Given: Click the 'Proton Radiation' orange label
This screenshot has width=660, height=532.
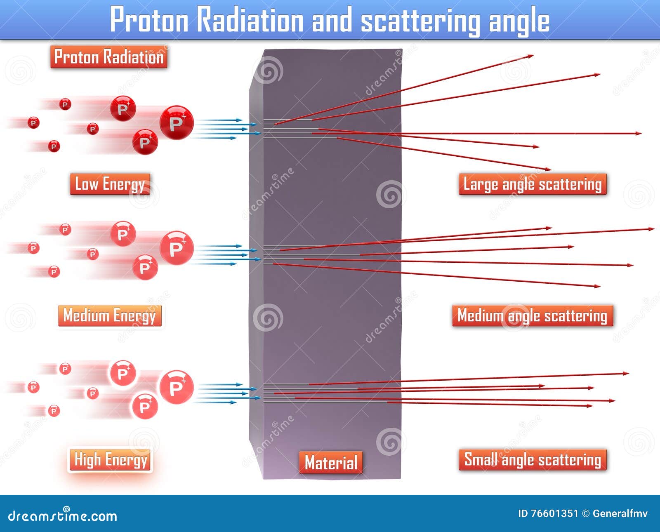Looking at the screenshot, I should [x=109, y=57].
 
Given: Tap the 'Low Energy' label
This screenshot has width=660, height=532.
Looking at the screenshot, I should [x=110, y=184].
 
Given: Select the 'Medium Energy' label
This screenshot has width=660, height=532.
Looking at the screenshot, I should [x=110, y=316].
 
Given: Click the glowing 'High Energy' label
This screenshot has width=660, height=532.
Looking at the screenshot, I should [x=110, y=460].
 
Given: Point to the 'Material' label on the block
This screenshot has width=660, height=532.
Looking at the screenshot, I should [x=331, y=462].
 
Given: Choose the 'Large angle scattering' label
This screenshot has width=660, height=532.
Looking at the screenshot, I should [x=533, y=184].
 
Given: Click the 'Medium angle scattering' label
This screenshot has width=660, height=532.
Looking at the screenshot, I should [x=533, y=316].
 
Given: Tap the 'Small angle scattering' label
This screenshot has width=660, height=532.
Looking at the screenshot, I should [x=533, y=460].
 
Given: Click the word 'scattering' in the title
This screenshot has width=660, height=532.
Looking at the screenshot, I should [x=420, y=21].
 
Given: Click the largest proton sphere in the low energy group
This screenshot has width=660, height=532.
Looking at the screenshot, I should [x=176, y=123].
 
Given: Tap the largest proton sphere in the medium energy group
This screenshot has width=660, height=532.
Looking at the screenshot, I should [x=176, y=248].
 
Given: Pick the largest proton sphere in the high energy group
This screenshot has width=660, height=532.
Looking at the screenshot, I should [x=176, y=387].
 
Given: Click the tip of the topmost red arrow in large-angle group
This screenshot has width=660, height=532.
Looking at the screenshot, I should [x=533, y=56].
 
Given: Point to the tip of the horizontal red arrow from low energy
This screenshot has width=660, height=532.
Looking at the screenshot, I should [x=640, y=133].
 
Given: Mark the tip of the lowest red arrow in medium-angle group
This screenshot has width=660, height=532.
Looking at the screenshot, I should [x=599, y=286].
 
